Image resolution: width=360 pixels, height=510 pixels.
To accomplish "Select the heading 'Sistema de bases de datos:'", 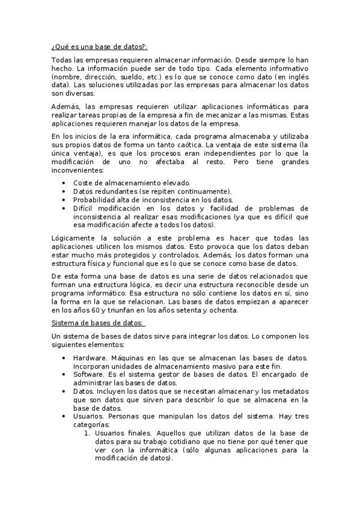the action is (97, 322).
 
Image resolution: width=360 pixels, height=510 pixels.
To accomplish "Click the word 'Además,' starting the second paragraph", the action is (64, 106).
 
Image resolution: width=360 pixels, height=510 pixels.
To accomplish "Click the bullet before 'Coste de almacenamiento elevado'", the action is (65, 183).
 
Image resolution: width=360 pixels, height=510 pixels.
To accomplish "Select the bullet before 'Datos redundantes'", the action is (65, 191).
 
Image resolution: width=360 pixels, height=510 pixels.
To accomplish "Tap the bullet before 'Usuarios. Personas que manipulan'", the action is (65, 416).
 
